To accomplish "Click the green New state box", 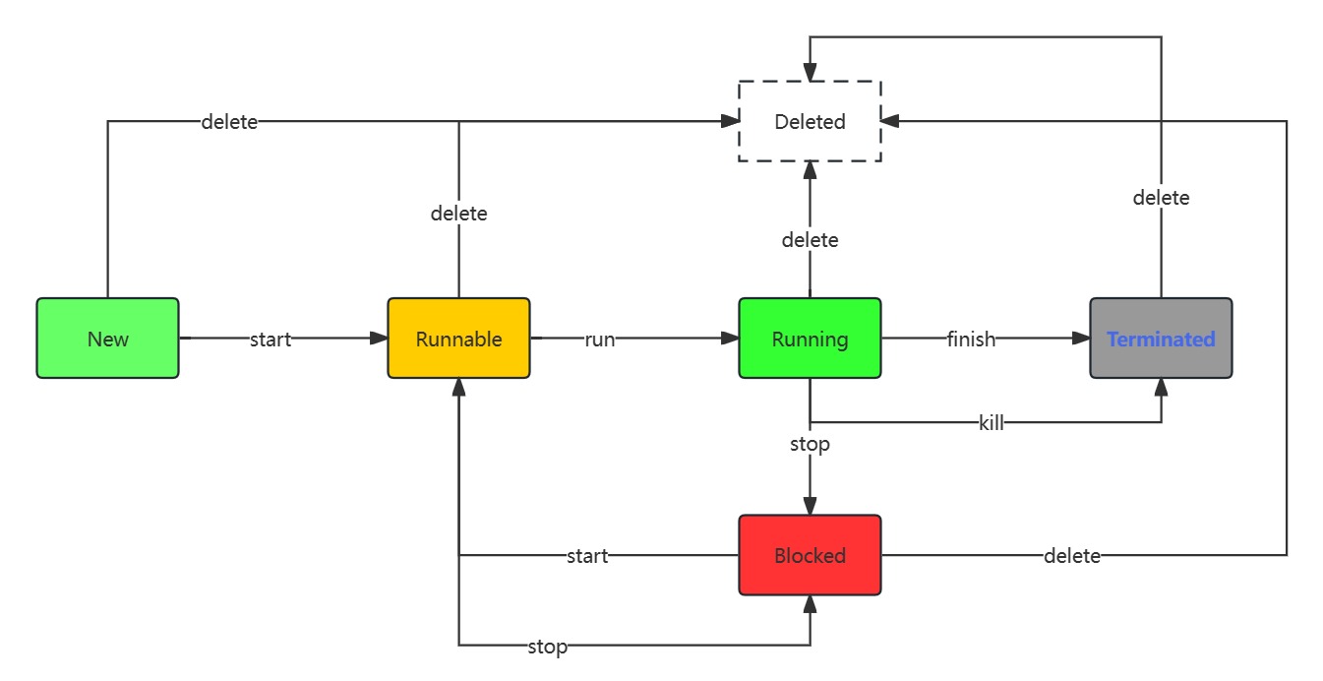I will tap(107, 339).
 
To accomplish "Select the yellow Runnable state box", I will tap(458, 339).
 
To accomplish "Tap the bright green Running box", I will tap(810, 339).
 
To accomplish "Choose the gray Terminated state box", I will tap(1161, 339).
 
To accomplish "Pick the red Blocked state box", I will tap(810, 555).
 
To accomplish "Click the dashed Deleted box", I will tap(810, 122).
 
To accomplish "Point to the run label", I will tap(599, 340).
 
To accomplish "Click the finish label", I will tap(971, 340).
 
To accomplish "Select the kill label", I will tap(991, 423).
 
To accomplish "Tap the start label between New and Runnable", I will tap(271, 340).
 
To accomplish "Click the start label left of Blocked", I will tap(587, 556).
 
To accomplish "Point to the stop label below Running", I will tap(810, 444).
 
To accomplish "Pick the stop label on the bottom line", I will tap(547, 647).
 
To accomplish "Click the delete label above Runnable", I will tap(458, 213).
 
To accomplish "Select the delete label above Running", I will tap(810, 239).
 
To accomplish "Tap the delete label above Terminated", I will tap(1161, 198).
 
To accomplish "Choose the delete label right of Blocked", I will tap(1071, 556).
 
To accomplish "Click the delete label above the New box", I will tap(229, 122).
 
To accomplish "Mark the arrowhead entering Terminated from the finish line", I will tap(1081, 339).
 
